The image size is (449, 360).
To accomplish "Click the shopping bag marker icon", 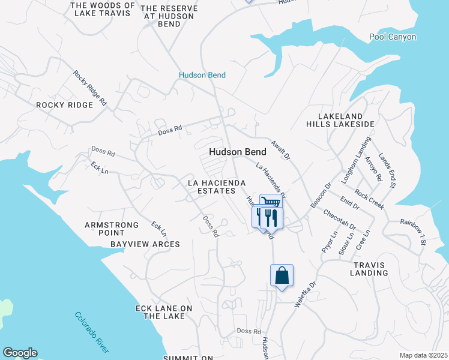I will click(282, 276).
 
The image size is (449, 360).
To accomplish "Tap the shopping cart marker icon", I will click(271, 202).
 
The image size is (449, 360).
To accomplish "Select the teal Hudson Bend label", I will click(202, 75).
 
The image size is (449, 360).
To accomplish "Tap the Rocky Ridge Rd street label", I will click(90, 89).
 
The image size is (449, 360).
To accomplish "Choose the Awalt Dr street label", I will click(280, 150).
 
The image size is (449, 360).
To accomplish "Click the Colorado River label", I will click(92, 332).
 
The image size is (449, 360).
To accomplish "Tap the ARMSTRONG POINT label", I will click(112, 229).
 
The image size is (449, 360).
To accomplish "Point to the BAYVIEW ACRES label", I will click(145, 244).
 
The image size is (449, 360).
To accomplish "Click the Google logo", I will click(20, 353).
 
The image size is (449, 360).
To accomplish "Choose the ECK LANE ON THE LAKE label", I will click(163, 312).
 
